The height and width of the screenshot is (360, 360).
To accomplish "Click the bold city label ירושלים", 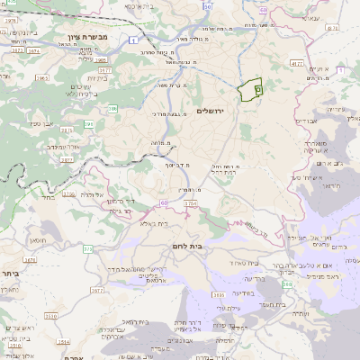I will pos(214,110).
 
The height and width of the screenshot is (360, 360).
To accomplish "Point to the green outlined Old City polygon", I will pos(250,90).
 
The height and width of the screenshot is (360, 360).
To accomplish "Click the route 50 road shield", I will pos(208,6).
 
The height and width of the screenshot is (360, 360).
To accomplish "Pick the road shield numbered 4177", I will pos(297,63).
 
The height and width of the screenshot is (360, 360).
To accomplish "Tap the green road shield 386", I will pos(112,109).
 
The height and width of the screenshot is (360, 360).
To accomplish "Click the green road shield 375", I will pos(87,248).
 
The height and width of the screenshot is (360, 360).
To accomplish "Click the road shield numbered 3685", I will pos(219,293).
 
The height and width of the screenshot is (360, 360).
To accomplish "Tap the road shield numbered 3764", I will pos(191,205).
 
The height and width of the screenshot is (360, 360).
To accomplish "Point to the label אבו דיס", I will pos(306,120).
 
